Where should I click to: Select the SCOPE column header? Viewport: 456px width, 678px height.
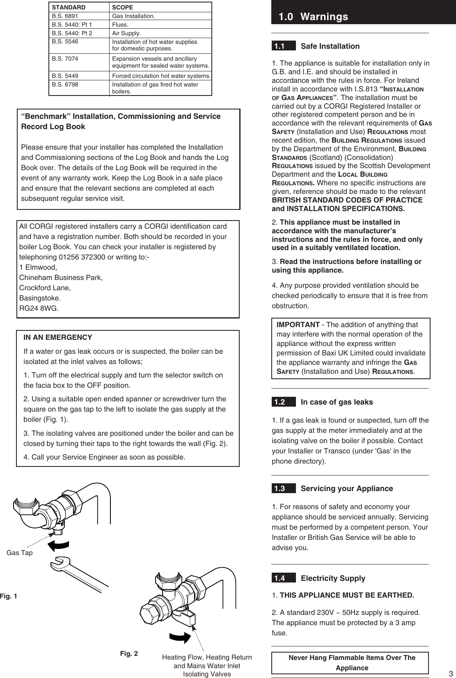122,7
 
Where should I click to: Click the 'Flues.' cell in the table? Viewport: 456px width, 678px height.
120,25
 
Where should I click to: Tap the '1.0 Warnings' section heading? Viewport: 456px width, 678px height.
313,17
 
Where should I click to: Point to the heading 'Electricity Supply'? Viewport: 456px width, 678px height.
333,578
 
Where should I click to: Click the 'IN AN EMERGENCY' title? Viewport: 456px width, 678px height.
58,338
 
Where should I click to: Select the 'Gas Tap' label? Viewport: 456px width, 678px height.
19,553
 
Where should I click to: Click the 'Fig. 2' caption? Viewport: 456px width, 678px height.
129,653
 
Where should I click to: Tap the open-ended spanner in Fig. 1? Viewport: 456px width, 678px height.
78,572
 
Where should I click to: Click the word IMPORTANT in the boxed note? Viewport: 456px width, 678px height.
298,325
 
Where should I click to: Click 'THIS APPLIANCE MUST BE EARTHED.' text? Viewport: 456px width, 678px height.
347,595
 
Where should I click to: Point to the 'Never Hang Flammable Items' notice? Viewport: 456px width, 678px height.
352,662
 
